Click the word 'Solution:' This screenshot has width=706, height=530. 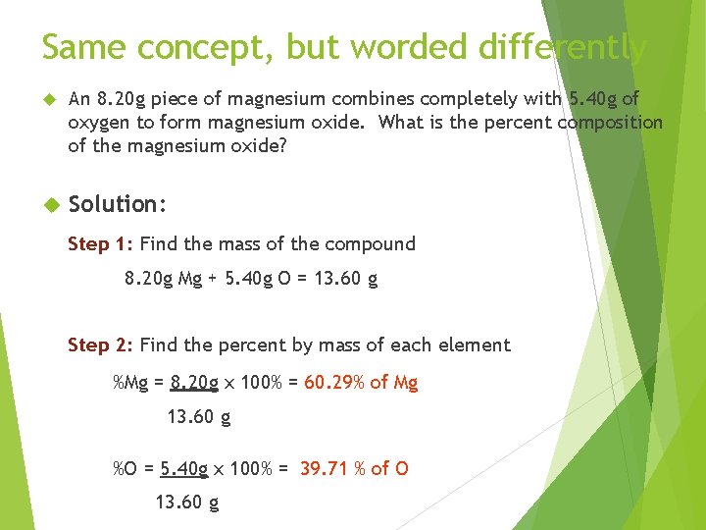(x=119, y=204)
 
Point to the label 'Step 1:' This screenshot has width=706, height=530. (x=101, y=243)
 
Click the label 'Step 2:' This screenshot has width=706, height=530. (x=101, y=344)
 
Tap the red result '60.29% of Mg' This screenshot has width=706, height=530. (x=361, y=383)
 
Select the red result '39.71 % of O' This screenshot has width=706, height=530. (x=354, y=468)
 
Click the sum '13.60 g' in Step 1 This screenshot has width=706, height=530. (x=344, y=278)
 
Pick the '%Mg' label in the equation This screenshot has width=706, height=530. (x=131, y=383)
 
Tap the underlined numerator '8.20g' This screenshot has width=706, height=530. (x=194, y=383)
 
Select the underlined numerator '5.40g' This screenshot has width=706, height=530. (x=184, y=468)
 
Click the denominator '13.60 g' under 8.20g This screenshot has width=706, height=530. (x=199, y=416)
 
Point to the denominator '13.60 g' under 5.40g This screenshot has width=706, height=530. (x=187, y=503)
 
